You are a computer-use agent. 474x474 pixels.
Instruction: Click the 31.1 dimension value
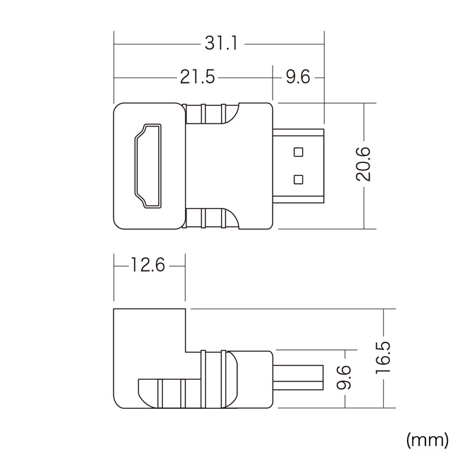pyautogui.click(x=222, y=43)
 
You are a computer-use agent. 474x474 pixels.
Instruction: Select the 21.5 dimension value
pyautogui.click(x=197, y=77)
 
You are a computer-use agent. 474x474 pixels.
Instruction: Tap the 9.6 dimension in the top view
pyautogui.click(x=298, y=77)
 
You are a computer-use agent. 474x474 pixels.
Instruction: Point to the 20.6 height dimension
pyautogui.click(x=363, y=164)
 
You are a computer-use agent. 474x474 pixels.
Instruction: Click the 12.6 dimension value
pyautogui.click(x=148, y=265)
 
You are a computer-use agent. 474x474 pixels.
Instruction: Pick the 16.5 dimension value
pyautogui.click(x=383, y=358)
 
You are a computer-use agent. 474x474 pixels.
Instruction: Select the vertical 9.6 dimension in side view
pyautogui.click(x=344, y=377)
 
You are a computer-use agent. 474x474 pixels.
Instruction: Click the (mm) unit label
pyautogui.click(x=427, y=440)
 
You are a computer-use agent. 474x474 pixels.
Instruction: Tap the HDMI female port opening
pyautogui.click(x=148, y=166)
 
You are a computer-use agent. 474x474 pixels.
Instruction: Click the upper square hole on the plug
pyautogui.click(x=299, y=152)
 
